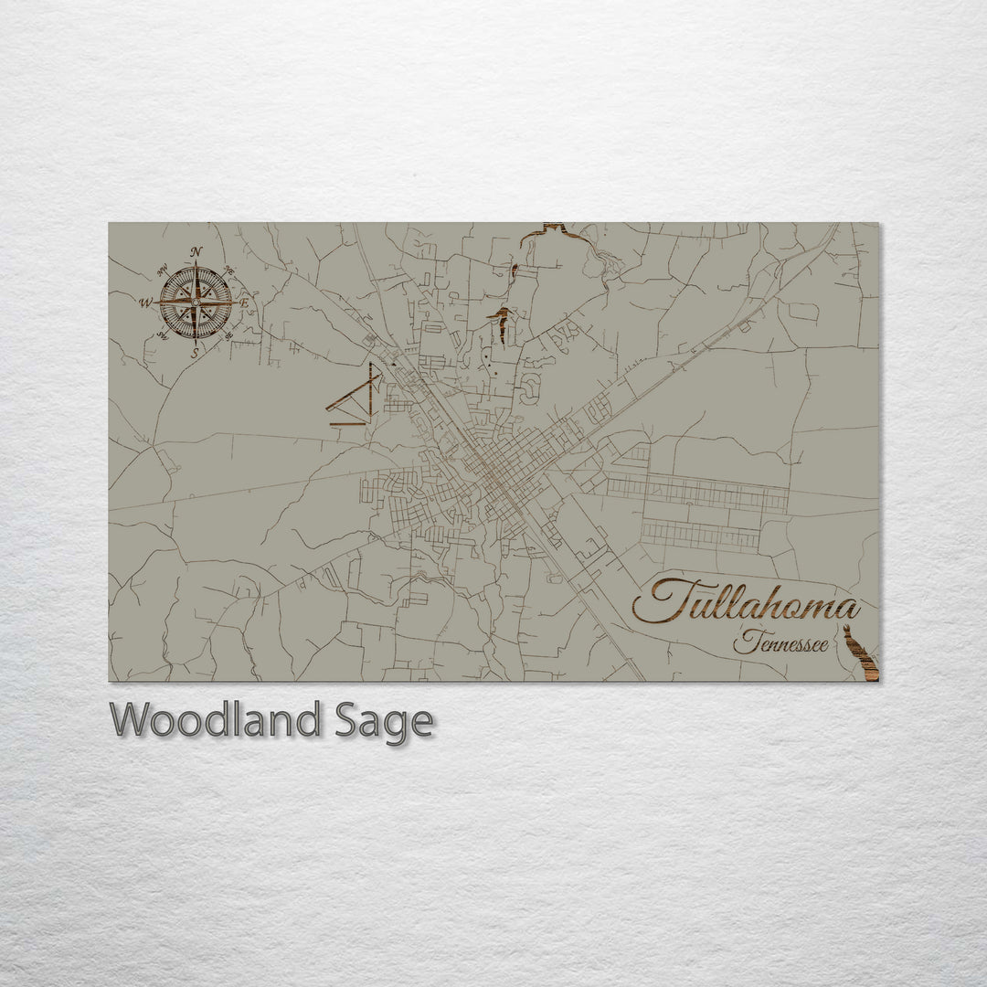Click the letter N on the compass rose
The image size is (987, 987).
pyautogui.click(x=196, y=252)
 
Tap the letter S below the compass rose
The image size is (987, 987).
pyautogui.click(x=194, y=352)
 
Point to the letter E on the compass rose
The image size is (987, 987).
pyautogui.click(x=245, y=302)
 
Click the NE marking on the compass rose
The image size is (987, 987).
pyautogui.click(x=228, y=271)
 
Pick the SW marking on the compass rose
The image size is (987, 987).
pyautogui.click(x=162, y=334)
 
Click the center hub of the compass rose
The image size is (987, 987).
pyautogui.click(x=196, y=302)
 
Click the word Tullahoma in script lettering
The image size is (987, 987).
pyautogui.click(x=745, y=604)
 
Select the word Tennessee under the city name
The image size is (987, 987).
pyautogui.click(x=780, y=643)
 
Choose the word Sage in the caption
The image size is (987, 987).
pyautogui.click(x=382, y=721)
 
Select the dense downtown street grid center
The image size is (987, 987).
pyautogui.click(x=498, y=475)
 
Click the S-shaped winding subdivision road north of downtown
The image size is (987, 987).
pyautogui.click(x=528, y=391)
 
